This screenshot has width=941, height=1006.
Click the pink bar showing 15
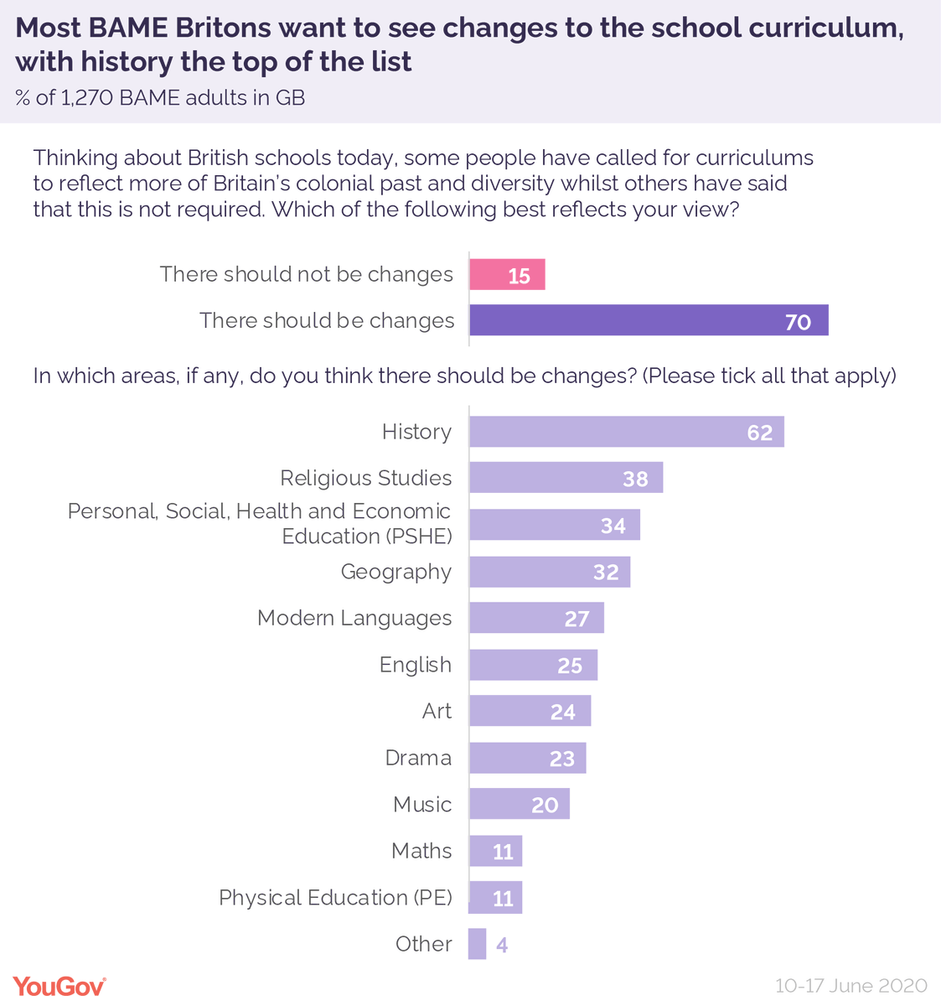(507, 275)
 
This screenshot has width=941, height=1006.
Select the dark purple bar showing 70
(649, 320)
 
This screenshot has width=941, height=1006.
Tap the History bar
(626, 432)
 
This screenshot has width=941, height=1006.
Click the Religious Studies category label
(365, 478)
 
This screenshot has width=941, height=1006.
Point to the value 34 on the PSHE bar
(613, 526)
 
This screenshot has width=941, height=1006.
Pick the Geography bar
(549, 572)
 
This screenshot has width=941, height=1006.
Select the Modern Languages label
(354, 618)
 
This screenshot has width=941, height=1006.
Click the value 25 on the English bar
(570, 665)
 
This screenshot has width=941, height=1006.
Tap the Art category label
(437, 711)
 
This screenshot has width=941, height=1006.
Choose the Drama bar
(527, 758)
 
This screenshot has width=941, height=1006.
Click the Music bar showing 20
(519, 804)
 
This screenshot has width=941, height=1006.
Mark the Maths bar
(495, 851)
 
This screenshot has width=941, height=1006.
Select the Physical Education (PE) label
(335, 897)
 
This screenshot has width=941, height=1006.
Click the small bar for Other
(478, 944)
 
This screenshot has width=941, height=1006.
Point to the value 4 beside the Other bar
(502, 946)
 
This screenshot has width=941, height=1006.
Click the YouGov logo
(59, 986)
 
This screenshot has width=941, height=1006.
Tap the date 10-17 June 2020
(851, 986)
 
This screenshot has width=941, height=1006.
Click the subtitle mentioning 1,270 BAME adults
(160, 98)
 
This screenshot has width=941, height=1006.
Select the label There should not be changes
(306, 274)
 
